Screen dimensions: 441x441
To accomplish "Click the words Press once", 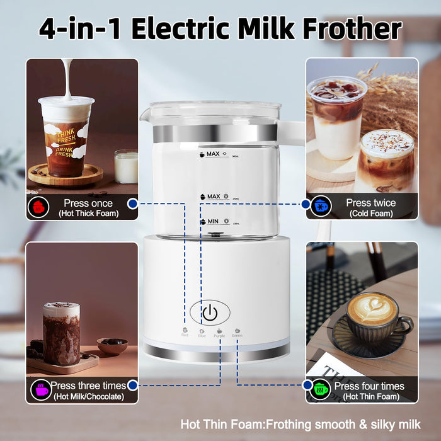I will click(88, 203).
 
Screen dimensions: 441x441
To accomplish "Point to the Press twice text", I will click(370, 203).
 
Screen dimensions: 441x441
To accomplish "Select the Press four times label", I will click(369, 386).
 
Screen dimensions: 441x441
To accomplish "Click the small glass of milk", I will click(126, 166).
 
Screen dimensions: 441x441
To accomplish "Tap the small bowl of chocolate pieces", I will click(112, 345).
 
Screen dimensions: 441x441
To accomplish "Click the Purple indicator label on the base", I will click(219, 335).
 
